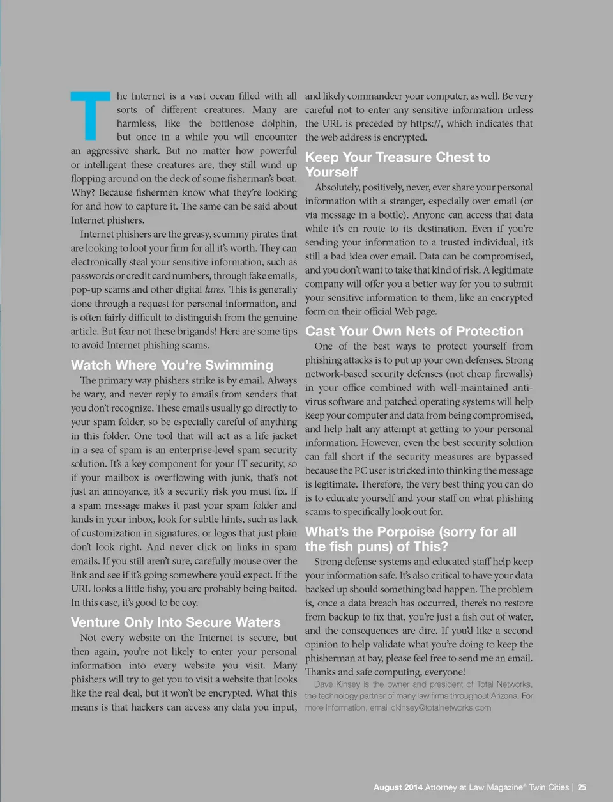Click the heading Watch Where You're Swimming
172,365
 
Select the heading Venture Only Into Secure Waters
176,622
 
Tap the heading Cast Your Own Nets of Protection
414,331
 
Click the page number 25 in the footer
582,787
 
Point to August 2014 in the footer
398,787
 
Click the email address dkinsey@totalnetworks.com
441,707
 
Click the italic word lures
215,289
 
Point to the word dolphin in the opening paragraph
280,123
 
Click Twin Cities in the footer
549,787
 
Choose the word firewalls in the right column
508,374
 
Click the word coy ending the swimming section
190,603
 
